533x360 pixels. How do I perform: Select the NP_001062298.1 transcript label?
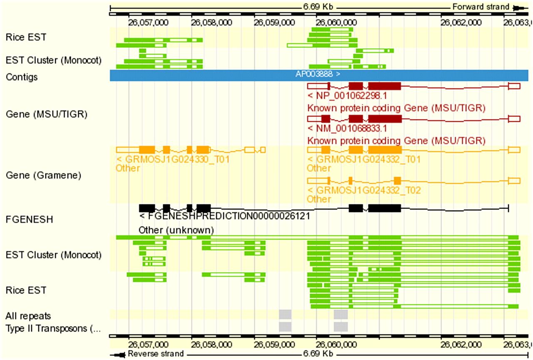(x=347, y=96)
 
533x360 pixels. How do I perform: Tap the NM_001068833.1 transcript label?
(x=347, y=128)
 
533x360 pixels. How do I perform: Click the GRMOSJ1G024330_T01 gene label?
(x=173, y=160)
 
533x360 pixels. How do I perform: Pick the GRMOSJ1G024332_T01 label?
(x=364, y=160)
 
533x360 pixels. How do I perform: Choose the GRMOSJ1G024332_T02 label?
(x=364, y=190)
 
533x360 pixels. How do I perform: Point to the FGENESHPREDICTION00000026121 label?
(x=225, y=217)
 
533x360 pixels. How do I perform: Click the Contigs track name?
(x=22, y=77)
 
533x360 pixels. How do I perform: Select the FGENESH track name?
(x=29, y=219)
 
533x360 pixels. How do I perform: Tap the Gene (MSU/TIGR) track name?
(x=46, y=114)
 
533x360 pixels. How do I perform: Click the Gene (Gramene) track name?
(x=43, y=175)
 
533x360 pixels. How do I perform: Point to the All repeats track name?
(x=28, y=316)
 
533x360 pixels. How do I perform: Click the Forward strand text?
(x=481, y=7)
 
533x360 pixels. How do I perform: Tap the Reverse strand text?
(x=155, y=354)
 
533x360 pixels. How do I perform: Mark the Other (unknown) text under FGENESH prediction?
(x=176, y=230)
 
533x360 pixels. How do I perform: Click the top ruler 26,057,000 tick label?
(x=148, y=21)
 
